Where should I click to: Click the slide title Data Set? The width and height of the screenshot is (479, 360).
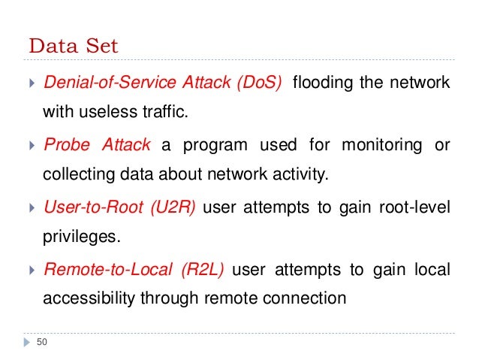click(74, 46)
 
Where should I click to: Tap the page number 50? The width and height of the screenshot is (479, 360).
click(41, 343)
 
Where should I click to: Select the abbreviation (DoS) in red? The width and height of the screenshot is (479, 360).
click(259, 82)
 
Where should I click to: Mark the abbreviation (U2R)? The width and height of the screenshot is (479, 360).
click(172, 207)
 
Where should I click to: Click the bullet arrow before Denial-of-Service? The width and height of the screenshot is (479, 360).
click(31, 83)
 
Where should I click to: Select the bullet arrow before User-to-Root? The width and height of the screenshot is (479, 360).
click(31, 207)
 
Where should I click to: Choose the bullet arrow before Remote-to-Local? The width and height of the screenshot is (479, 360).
click(31, 269)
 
